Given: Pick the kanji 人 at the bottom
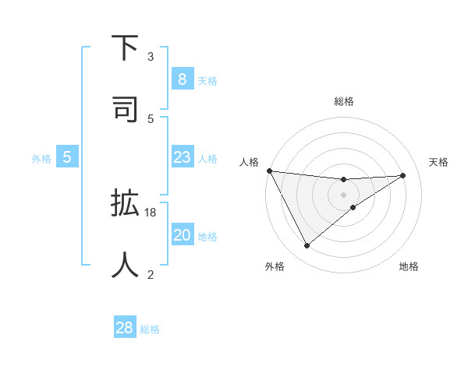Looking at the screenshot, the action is coord(126,263).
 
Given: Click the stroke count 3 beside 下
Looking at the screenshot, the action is coord(151,57).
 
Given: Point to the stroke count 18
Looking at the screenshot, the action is coord(151,212).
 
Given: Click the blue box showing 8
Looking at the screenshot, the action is coord(182,79).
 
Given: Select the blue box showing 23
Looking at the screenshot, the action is coord(182,157).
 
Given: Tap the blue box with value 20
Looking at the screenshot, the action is coord(182,235).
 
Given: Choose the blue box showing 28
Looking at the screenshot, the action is coord(125,328).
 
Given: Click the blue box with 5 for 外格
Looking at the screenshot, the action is coord(67,157).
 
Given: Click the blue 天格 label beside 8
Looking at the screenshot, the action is coord(207,80).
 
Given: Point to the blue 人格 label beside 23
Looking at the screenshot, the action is coord(207,159).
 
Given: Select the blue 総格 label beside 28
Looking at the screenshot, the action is coord(150,329).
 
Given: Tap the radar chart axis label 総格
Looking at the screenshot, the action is coord(344,101).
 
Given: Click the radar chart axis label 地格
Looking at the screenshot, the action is coord(409,266).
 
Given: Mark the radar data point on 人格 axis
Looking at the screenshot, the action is coord(269,171).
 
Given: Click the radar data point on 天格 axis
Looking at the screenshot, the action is coord(402,175).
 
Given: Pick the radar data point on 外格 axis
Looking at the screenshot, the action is coord(307,246).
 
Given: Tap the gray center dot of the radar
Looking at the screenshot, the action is coord(344,194).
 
